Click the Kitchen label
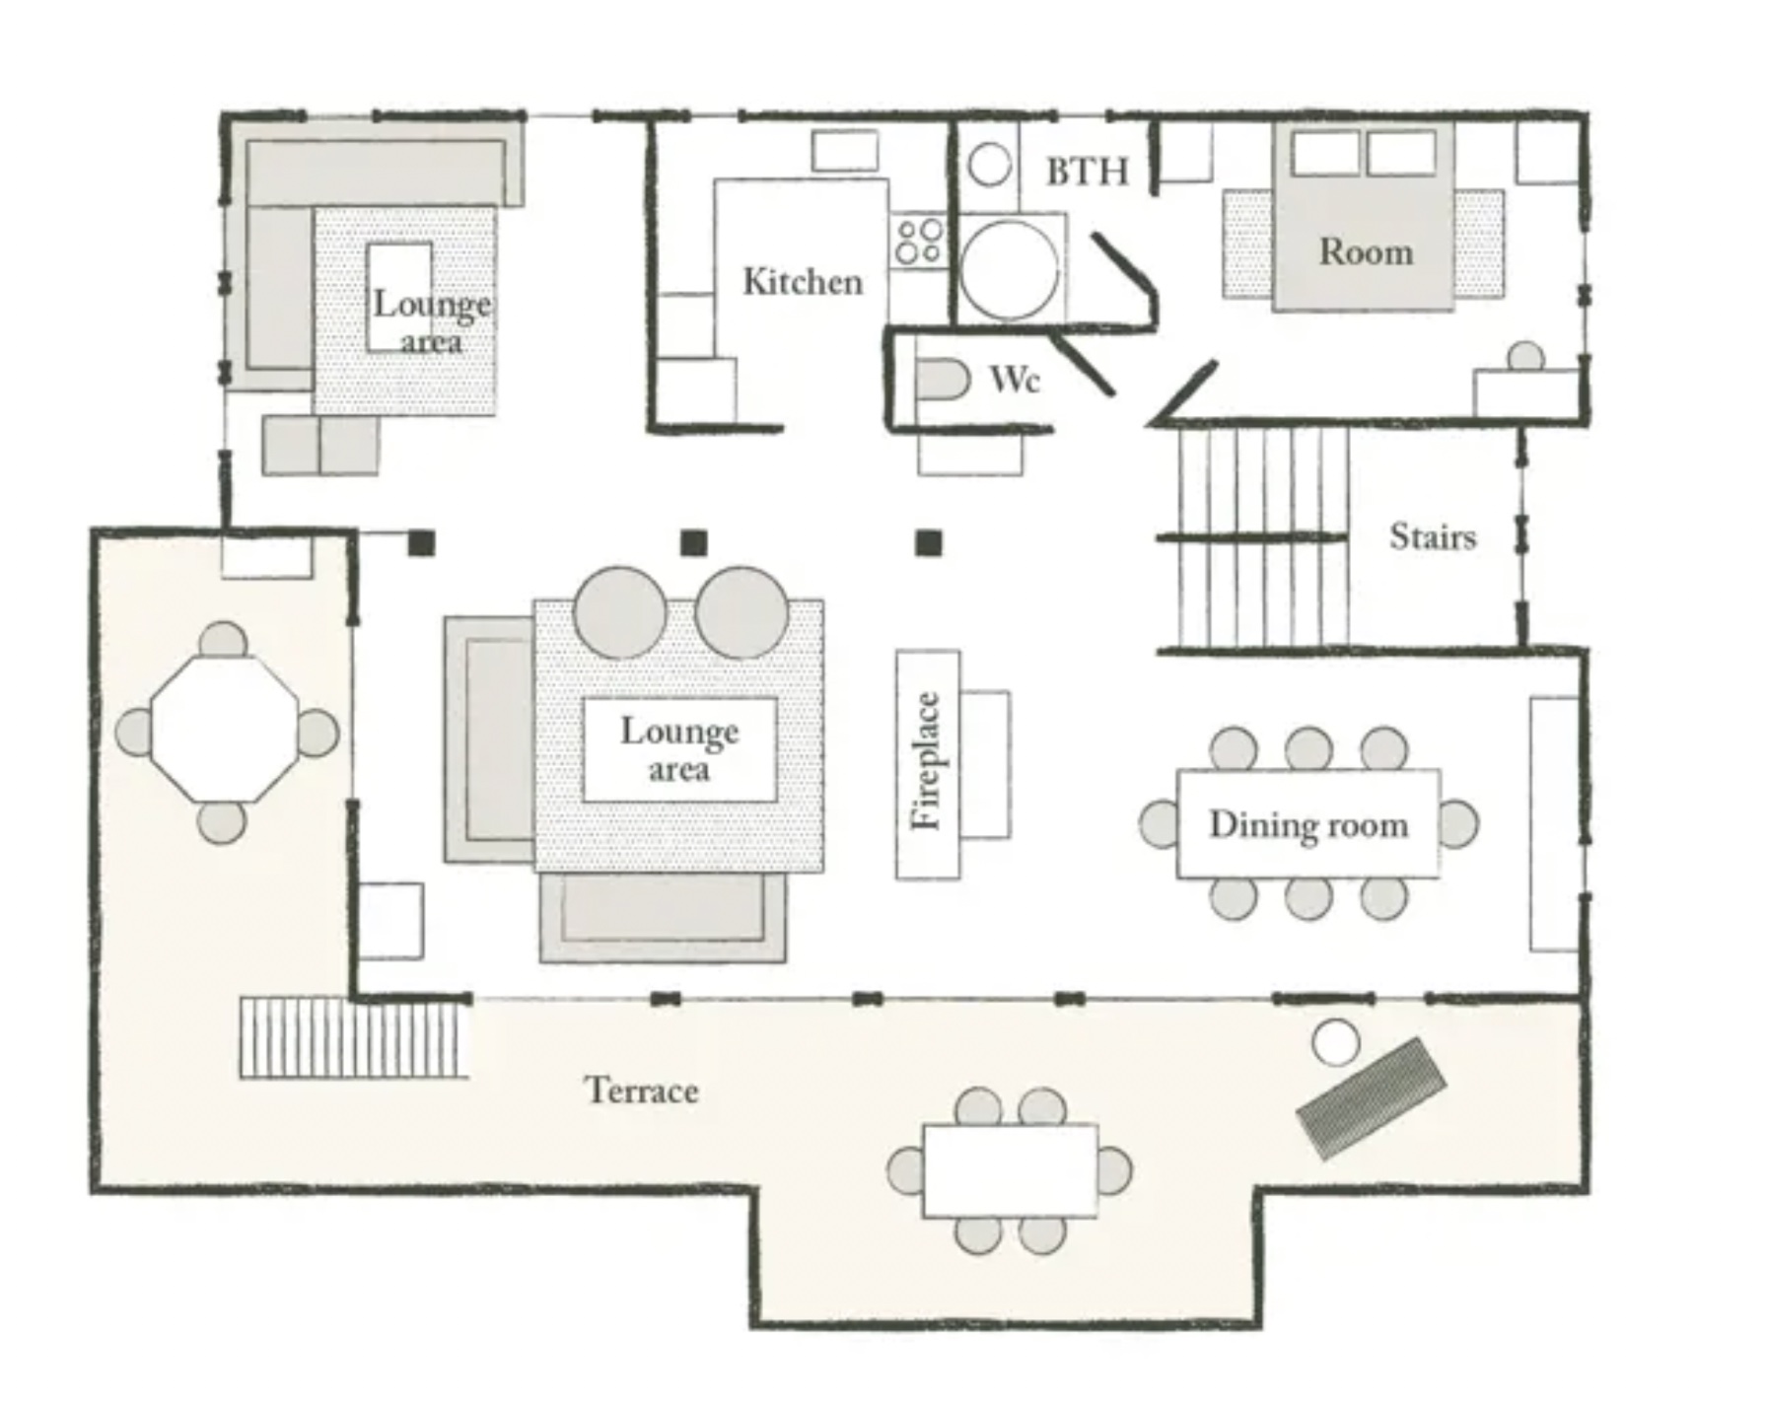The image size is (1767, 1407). (803, 282)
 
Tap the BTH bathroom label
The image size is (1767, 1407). (1088, 172)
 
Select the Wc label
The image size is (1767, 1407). (1015, 379)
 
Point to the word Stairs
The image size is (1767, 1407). (1433, 536)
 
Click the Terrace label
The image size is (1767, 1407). (642, 1090)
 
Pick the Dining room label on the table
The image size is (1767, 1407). (1308, 824)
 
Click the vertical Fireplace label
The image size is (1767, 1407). (927, 762)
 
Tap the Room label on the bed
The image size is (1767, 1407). (1366, 252)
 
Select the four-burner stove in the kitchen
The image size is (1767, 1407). (919, 242)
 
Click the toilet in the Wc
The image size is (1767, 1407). (943, 381)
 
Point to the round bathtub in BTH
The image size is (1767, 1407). (1010, 269)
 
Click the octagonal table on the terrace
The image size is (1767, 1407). (225, 730)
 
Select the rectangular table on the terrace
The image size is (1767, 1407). (1010, 1170)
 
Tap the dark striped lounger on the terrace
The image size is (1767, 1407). (1371, 1097)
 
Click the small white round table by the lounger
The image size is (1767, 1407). (1336, 1043)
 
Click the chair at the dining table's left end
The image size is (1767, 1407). (1160, 823)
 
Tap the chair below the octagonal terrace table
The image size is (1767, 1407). (222, 822)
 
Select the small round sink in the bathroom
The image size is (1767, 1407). (989, 165)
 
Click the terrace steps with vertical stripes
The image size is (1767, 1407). (353, 1038)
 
